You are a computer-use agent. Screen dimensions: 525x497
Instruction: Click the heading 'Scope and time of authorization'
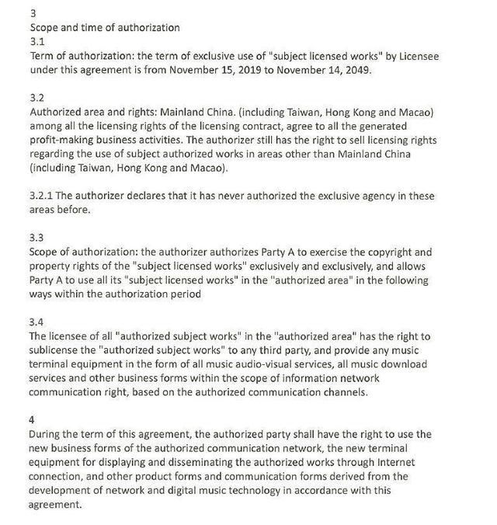point(104,28)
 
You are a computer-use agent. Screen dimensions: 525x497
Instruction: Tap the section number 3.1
point(36,42)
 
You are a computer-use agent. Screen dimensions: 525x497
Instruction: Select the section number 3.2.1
point(42,196)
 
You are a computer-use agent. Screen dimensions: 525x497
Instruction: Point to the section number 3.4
point(36,322)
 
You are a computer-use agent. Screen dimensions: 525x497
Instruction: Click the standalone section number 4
point(31,419)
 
